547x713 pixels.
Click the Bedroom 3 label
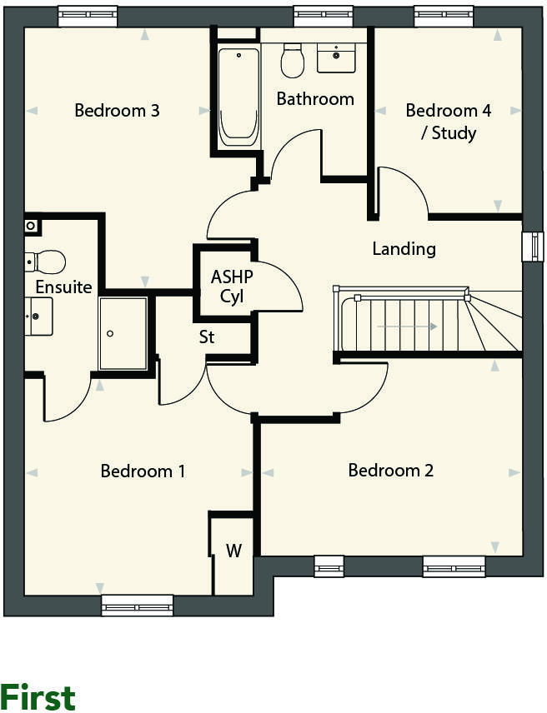click(x=117, y=110)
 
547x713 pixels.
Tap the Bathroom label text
click(x=315, y=99)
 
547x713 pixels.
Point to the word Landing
click(x=404, y=248)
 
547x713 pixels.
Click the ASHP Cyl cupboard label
click(x=231, y=287)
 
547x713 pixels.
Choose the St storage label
click(x=206, y=337)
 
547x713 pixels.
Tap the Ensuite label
click(x=63, y=287)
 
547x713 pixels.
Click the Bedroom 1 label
click(x=143, y=471)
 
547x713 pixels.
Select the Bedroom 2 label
click(x=390, y=471)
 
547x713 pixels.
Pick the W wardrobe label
click(x=233, y=551)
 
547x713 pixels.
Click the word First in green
click(x=38, y=696)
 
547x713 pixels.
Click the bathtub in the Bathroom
click(x=238, y=96)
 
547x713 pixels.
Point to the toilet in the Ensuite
click(x=46, y=262)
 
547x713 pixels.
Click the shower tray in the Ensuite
click(x=123, y=333)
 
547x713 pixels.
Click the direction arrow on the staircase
click(x=406, y=327)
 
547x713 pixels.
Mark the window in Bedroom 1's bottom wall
click(x=137, y=606)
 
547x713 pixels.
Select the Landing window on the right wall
click(x=531, y=247)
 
